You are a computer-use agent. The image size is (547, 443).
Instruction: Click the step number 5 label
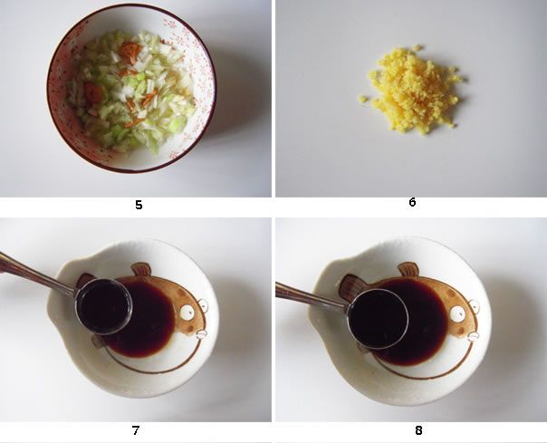139,205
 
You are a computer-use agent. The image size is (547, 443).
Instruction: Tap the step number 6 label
412,202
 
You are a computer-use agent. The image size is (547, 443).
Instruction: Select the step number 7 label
136,430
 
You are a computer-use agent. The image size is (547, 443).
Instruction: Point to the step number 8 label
418,430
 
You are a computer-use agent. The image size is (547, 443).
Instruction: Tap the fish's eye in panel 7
187,312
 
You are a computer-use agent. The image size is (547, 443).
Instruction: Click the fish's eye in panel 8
457,313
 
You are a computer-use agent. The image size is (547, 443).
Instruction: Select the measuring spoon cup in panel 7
104,306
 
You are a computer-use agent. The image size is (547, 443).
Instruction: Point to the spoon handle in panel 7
38,273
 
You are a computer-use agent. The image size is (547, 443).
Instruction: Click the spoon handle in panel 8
312,297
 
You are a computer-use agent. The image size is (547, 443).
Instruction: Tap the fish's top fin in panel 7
141,269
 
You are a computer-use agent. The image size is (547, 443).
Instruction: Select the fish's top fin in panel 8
408,270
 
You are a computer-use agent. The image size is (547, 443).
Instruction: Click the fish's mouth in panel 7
202,334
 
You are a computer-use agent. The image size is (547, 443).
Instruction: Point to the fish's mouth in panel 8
473,336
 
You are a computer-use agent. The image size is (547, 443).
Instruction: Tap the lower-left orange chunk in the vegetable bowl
93,92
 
